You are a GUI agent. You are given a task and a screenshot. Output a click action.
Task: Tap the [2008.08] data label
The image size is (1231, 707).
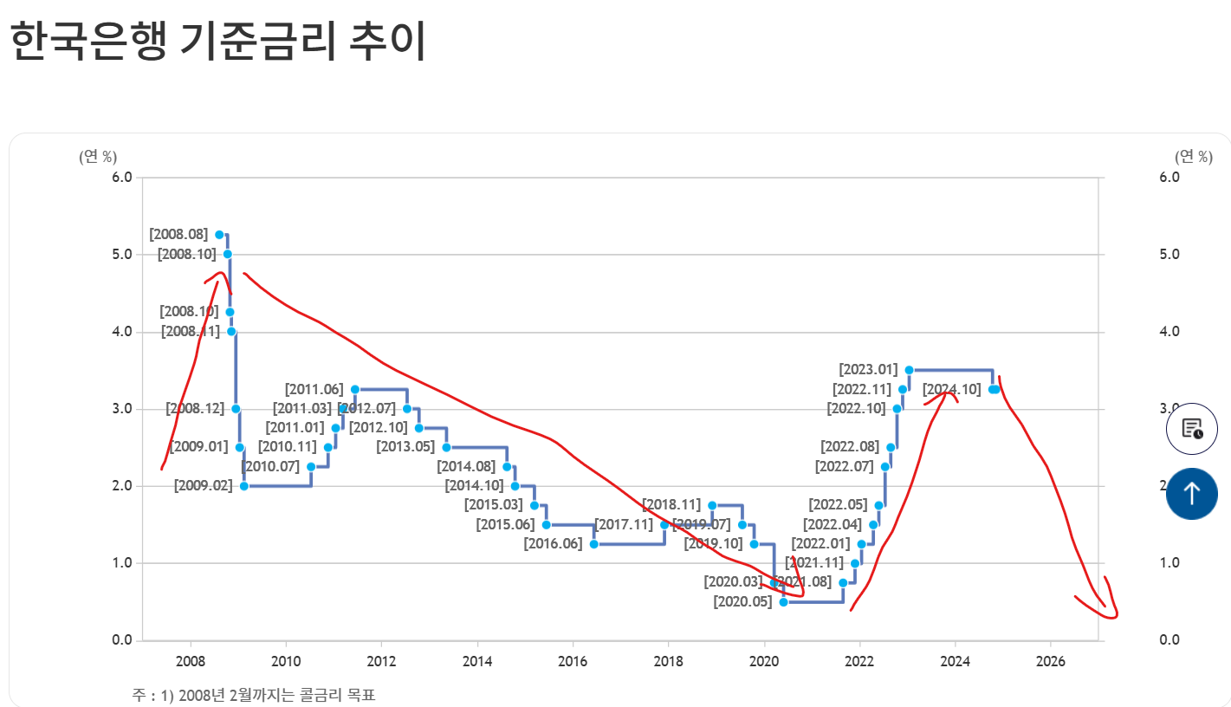pyautogui.click(x=178, y=234)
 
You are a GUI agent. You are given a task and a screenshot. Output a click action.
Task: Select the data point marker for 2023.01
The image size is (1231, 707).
pyautogui.click(x=909, y=370)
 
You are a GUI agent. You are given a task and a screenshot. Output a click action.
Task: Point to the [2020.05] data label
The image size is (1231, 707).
pyautogui.click(x=742, y=601)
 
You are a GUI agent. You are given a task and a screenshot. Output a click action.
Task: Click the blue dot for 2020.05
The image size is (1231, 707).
pyautogui.click(x=783, y=601)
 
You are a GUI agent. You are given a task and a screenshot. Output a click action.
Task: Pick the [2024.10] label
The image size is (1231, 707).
pyautogui.click(x=951, y=389)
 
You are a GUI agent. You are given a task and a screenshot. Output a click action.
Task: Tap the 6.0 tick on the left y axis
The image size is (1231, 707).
pyautogui.click(x=122, y=177)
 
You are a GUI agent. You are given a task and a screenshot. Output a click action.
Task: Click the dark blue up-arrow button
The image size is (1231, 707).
pyautogui.click(x=1191, y=494)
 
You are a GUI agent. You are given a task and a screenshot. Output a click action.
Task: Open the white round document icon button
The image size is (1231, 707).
pyautogui.click(x=1191, y=429)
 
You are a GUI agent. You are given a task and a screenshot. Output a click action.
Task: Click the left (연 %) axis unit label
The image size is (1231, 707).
pyautogui.click(x=98, y=157)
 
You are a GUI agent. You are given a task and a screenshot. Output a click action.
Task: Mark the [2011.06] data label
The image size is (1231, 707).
pyautogui.click(x=314, y=389)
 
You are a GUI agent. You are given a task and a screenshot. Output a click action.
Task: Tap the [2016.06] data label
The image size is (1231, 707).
pyautogui.click(x=553, y=544)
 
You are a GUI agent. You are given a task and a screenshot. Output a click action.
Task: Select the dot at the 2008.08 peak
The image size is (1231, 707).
pyautogui.click(x=219, y=235)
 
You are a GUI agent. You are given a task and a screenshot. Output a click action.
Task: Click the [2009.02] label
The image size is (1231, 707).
pyautogui.click(x=203, y=486)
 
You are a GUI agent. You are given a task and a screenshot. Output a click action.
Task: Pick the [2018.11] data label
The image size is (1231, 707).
pyautogui.click(x=671, y=505)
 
